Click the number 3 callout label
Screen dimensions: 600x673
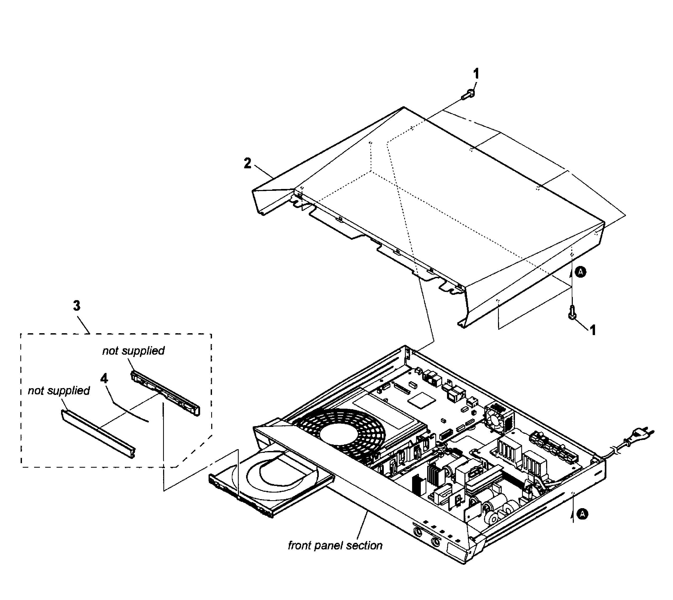coord(76,306)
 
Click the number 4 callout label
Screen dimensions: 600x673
coord(104,378)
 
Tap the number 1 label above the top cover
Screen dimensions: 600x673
coord(476,74)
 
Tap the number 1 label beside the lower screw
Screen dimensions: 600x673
coord(592,330)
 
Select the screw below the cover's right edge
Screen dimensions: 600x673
coord(572,313)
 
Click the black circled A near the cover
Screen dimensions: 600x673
coord(580,272)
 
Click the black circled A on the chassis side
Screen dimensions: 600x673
coord(583,514)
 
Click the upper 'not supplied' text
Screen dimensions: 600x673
coord(133,351)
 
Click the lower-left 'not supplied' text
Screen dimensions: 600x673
coord(59,391)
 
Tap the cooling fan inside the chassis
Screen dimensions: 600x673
coord(498,417)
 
